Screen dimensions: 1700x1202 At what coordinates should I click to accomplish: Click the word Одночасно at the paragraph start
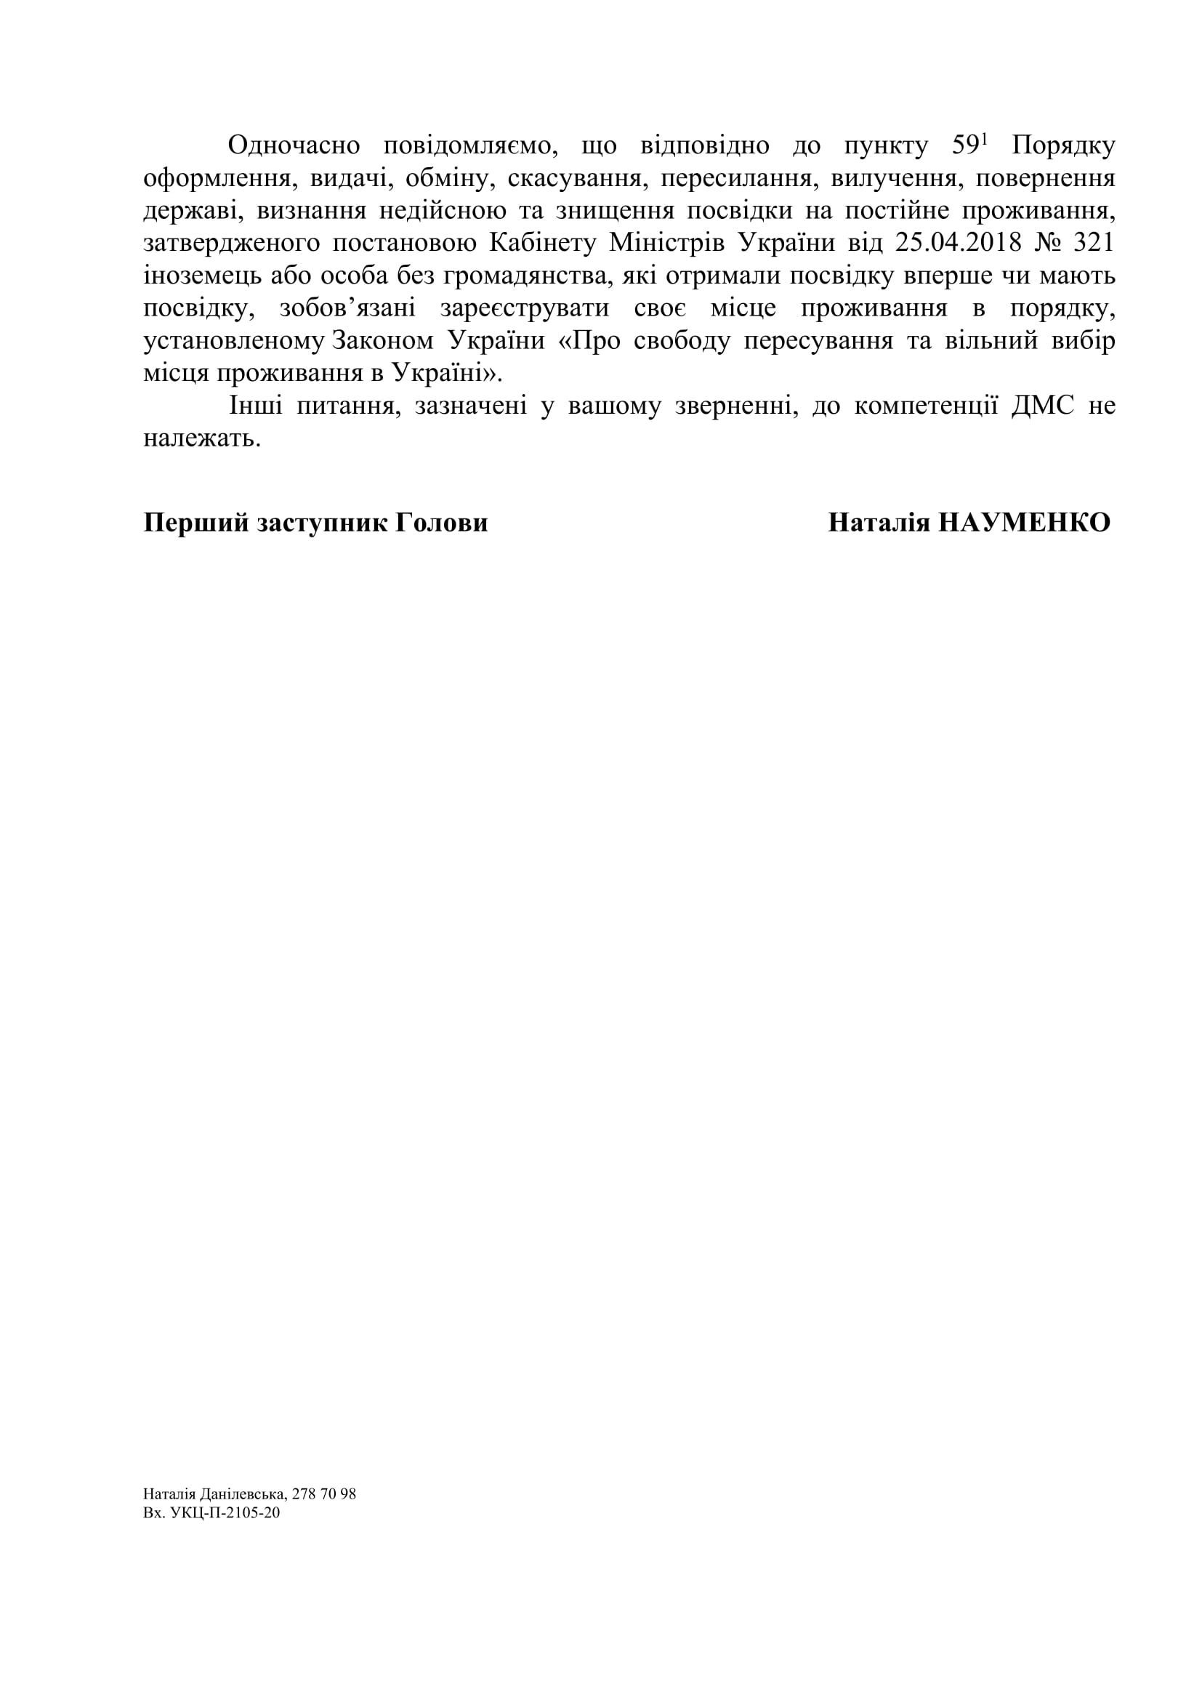click(294, 146)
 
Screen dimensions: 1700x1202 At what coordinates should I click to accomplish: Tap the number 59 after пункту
click(965, 146)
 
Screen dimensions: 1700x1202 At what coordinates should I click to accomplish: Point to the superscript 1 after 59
click(985, 140)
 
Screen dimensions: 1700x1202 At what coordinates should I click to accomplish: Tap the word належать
click(201, 439)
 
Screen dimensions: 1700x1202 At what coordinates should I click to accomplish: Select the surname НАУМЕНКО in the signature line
click(1025, 523)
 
